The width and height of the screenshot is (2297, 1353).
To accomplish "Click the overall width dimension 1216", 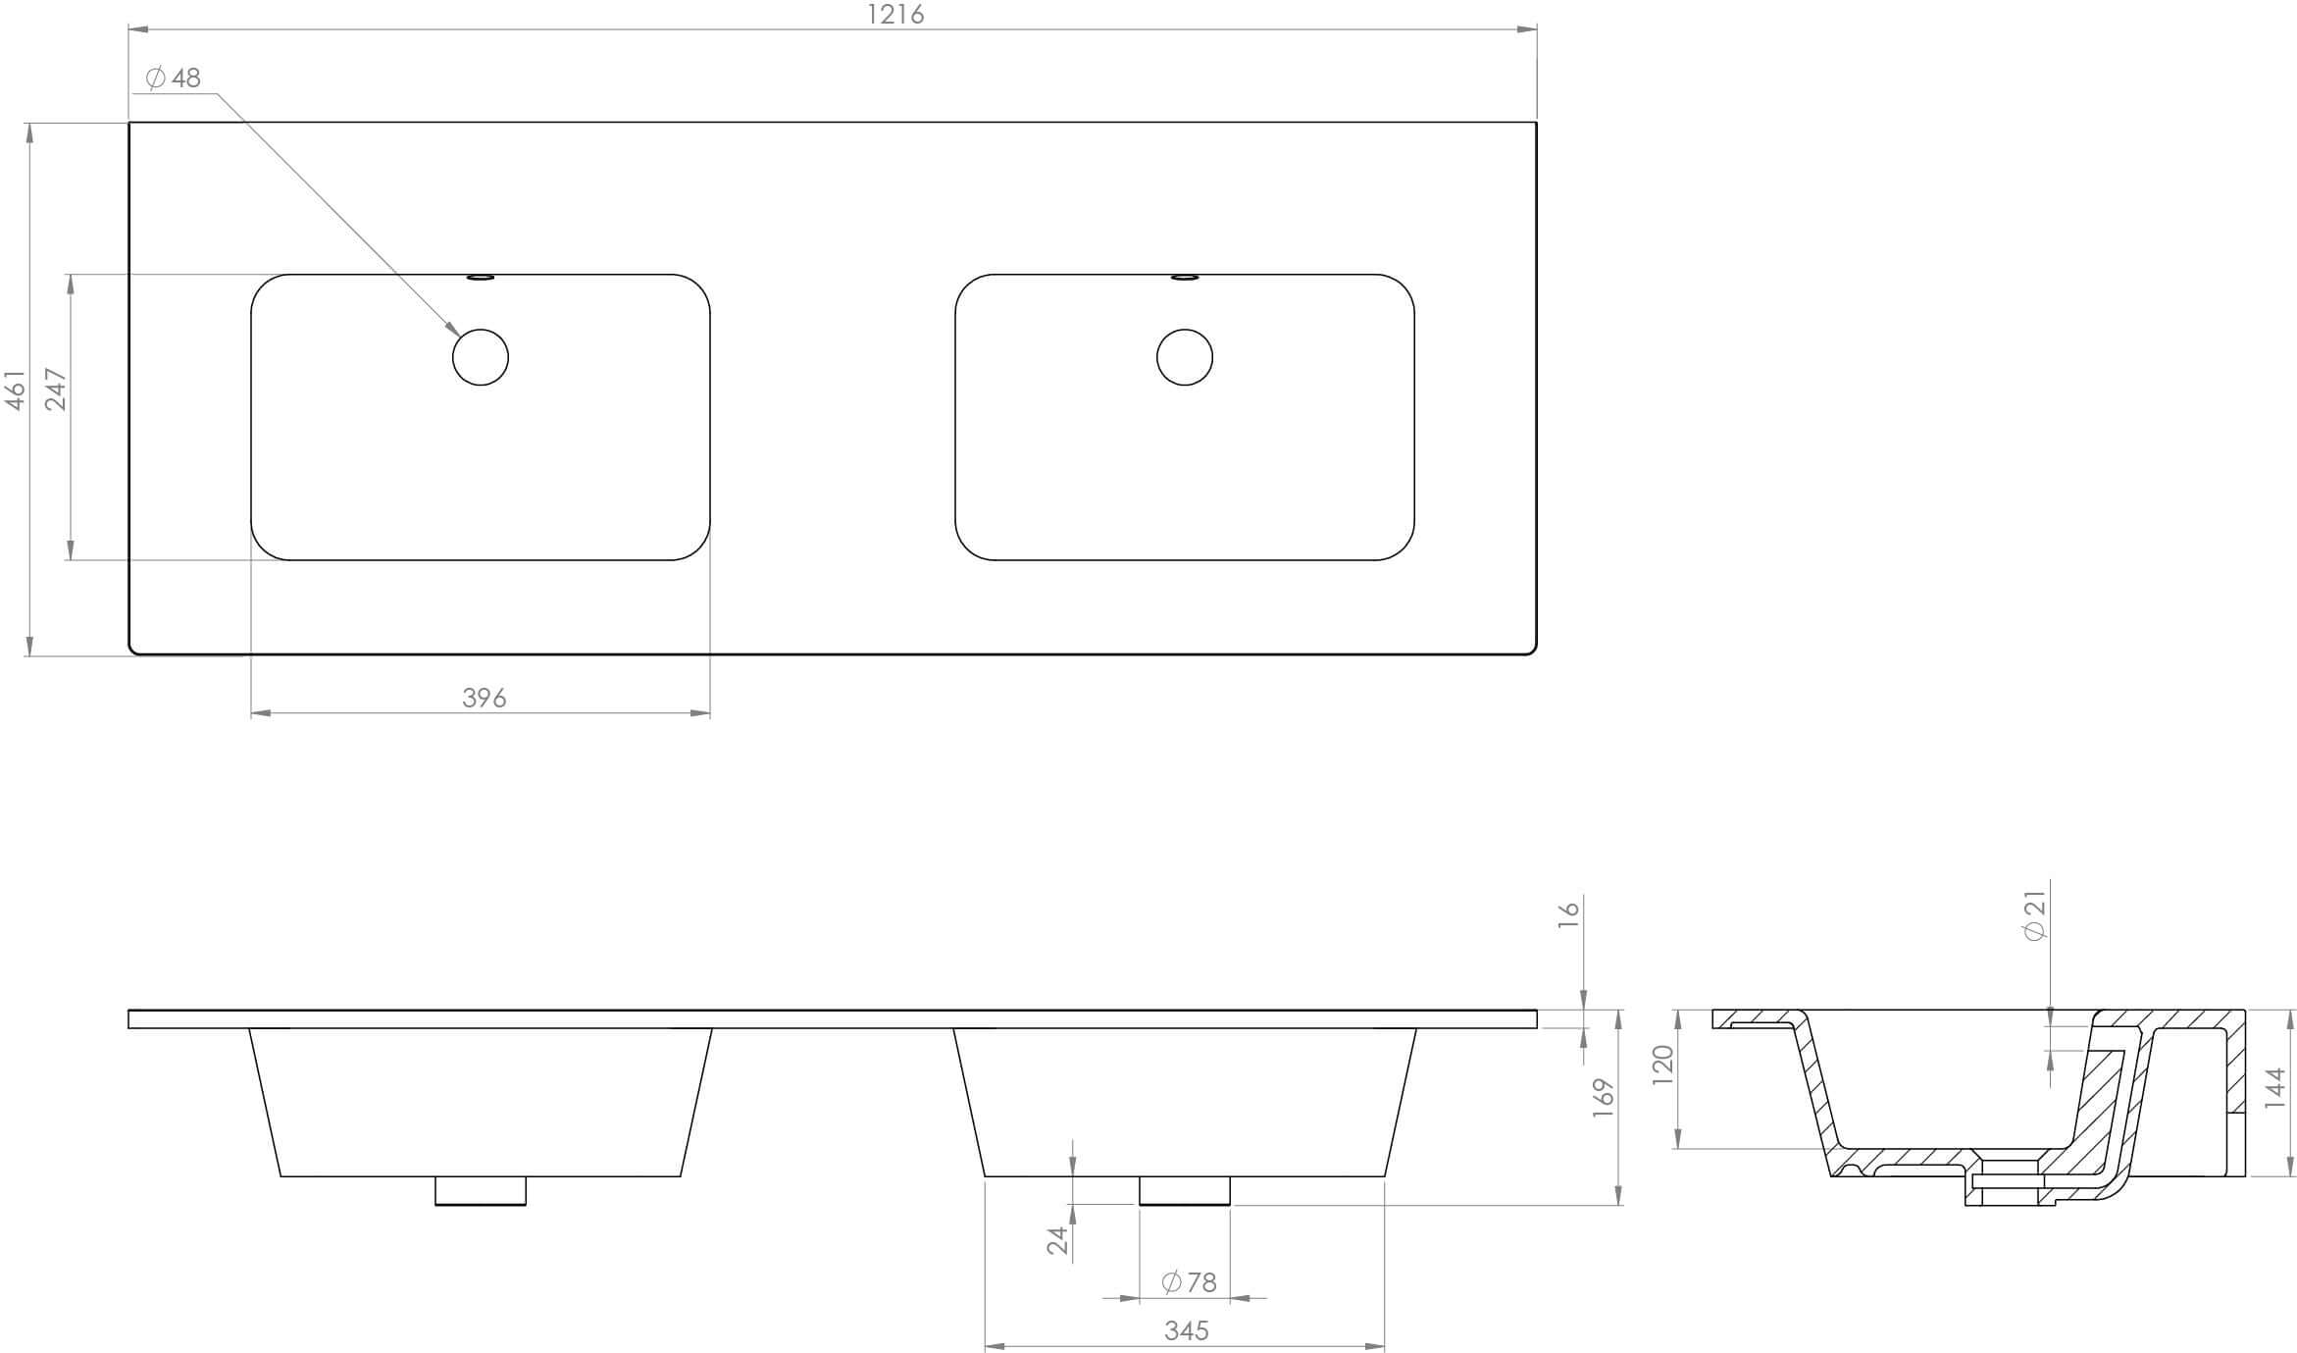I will tap(895, 15).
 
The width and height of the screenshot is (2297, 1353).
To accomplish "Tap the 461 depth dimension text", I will tap(16, 390).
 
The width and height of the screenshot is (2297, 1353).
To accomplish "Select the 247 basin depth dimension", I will tap(56, 390).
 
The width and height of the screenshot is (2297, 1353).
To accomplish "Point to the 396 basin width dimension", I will tap(484, 698).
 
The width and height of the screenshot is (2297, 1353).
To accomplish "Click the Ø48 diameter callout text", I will tap(174, 78).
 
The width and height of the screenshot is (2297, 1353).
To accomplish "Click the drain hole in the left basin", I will tap(481, 357).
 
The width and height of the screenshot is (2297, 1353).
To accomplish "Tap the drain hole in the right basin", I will tap(1185, 357).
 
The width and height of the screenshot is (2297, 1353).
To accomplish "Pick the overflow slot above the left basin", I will tap(481, 278).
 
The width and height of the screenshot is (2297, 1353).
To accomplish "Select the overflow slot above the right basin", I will tap(1185, 278).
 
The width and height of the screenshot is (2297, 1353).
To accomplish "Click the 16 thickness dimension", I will tap(1569, 909).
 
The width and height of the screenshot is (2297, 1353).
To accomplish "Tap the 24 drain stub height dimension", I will tap(1057, 1240).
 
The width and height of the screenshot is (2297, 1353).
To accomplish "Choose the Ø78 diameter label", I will tap(1189, 1282).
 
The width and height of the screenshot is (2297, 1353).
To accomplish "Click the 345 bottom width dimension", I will tap(1186, 1330).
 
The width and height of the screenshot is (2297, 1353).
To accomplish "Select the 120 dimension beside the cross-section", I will tap(1661, 1065).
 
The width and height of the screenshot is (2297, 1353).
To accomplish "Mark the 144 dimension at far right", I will tap(2275, 1088).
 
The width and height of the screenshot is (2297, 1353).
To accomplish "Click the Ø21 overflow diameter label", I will tap(2035, 915).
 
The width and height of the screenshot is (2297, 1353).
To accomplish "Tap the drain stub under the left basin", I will tap(481, 1190).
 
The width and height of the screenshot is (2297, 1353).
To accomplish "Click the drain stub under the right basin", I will tap(1185, 1190).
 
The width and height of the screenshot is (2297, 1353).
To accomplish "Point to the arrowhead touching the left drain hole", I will tap(452, 329).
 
